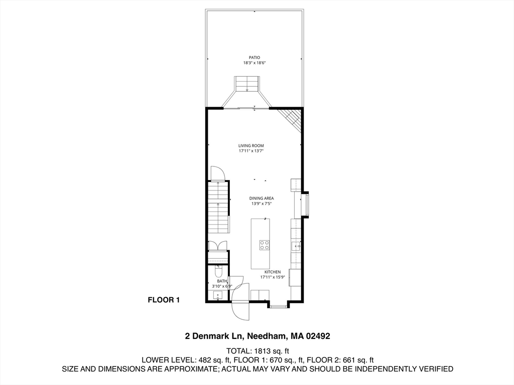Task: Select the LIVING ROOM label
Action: click(x=251, y=145)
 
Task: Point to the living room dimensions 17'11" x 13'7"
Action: click(x=251, y=151)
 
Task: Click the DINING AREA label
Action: click(x=262, y=199)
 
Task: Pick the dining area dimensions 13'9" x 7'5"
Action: click(x=262, y=204)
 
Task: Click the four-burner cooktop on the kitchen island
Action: click(x=264, y=245)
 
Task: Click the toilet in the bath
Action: click(x=218, y=272)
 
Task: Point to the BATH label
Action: click(x=221, y=281)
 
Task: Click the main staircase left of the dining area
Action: click(x=218, y=206)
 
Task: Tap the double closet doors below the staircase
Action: click(x=218, y=246)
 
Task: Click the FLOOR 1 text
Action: click(x=163, y=300)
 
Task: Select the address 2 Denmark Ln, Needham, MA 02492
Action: click(x=257, y=336)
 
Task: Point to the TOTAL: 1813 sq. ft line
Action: click(x=257, y=351)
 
